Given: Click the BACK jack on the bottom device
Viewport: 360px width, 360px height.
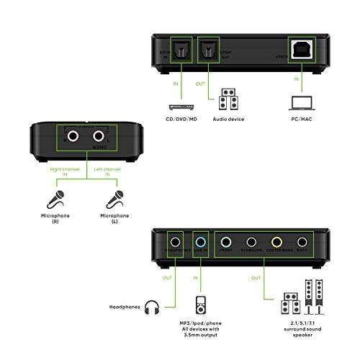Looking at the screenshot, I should pyautogui.click(x=302, y=243).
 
